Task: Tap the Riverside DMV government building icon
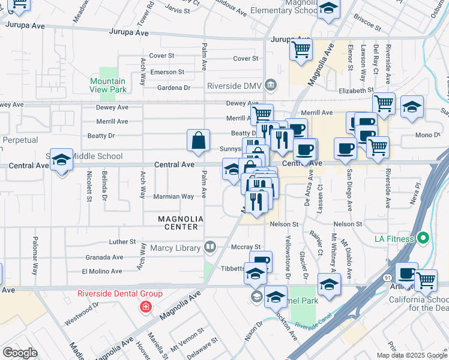[x=271, y=85]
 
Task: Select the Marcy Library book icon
[x=210, y=246]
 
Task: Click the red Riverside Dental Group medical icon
[x=145, y=307]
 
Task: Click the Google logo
[x=20, y=353]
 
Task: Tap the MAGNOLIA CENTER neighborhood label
[x=178, y=223]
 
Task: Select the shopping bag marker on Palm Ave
[x=199, y=142]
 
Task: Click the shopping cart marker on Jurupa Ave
[x=301, y=49]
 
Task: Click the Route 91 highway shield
[x=387, y=277]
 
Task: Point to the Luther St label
[x=122, y=242]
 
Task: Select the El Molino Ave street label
[x=102, y=271]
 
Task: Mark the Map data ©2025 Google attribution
[x=411, y=355]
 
